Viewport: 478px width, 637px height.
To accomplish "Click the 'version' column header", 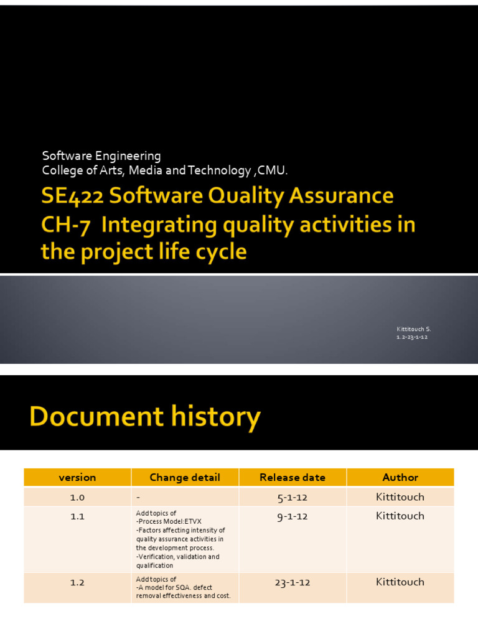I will (x=77, y=478).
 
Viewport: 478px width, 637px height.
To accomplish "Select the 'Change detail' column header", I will (x=185, y=478).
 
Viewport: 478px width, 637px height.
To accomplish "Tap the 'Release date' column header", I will (x=293, y=478).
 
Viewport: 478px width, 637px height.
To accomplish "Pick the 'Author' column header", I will (x=400, y=478).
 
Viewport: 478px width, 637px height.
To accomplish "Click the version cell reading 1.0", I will (x=77, y=497).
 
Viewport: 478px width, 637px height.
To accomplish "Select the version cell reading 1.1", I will (x=77, y=516).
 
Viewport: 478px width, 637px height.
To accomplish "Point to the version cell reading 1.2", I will (x=77, y=583).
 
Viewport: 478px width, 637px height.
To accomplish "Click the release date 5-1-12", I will (x=293, y=497).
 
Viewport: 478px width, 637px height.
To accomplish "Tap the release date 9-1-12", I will (x=293, y=516).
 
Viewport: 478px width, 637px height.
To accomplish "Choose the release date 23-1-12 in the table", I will (x=293, y=583).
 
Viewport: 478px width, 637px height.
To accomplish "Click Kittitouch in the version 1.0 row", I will (x=400, y=497).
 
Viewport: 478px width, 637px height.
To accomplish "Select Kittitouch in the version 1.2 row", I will (x=400, y=582).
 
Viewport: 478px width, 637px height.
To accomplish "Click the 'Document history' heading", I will (x=144, y=417).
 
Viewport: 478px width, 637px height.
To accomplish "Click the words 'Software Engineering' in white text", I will (x=101, y=156).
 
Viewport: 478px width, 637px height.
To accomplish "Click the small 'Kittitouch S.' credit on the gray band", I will (x=413, y=328).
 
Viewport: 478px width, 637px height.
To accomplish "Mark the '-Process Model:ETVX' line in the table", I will (x=169, y=521).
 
